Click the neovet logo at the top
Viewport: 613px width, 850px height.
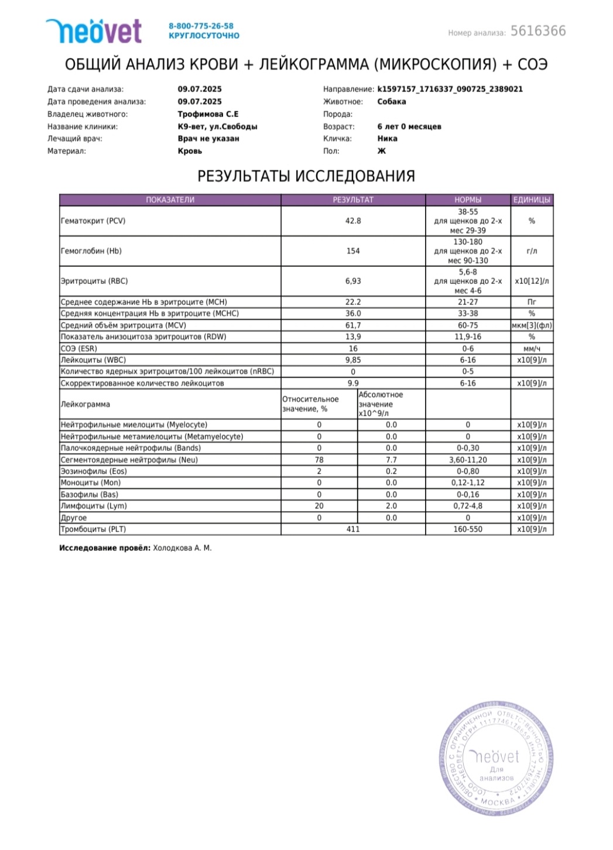pos(94,31)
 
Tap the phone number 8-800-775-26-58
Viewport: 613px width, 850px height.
pos(201,26)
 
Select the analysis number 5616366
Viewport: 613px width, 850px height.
pos(538,31)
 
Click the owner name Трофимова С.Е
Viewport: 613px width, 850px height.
pos(208,114)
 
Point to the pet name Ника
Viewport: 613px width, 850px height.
pos(387,139)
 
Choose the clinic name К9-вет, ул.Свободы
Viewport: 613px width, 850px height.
pos(217,126)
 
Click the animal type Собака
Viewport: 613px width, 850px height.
pos(391,102)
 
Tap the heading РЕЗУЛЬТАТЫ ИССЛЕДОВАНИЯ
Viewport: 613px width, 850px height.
pos(306,176)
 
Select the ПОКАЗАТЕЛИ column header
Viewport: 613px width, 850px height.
pos(170,200)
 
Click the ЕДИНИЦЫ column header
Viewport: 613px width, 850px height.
pos(531,200)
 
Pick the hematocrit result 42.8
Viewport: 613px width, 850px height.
pos(352,221)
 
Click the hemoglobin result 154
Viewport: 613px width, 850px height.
pos(352,251)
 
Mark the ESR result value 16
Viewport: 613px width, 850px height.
pos(352,348)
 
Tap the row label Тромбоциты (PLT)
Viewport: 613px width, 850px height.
pos(94,529)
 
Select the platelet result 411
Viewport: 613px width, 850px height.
pos(352,529)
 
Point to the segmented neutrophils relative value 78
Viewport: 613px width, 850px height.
pos(319,460)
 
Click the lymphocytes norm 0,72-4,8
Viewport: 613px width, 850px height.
pos(467,506)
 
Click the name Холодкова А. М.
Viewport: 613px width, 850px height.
pos(182,549)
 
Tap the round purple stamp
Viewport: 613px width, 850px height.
pos(496,759)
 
